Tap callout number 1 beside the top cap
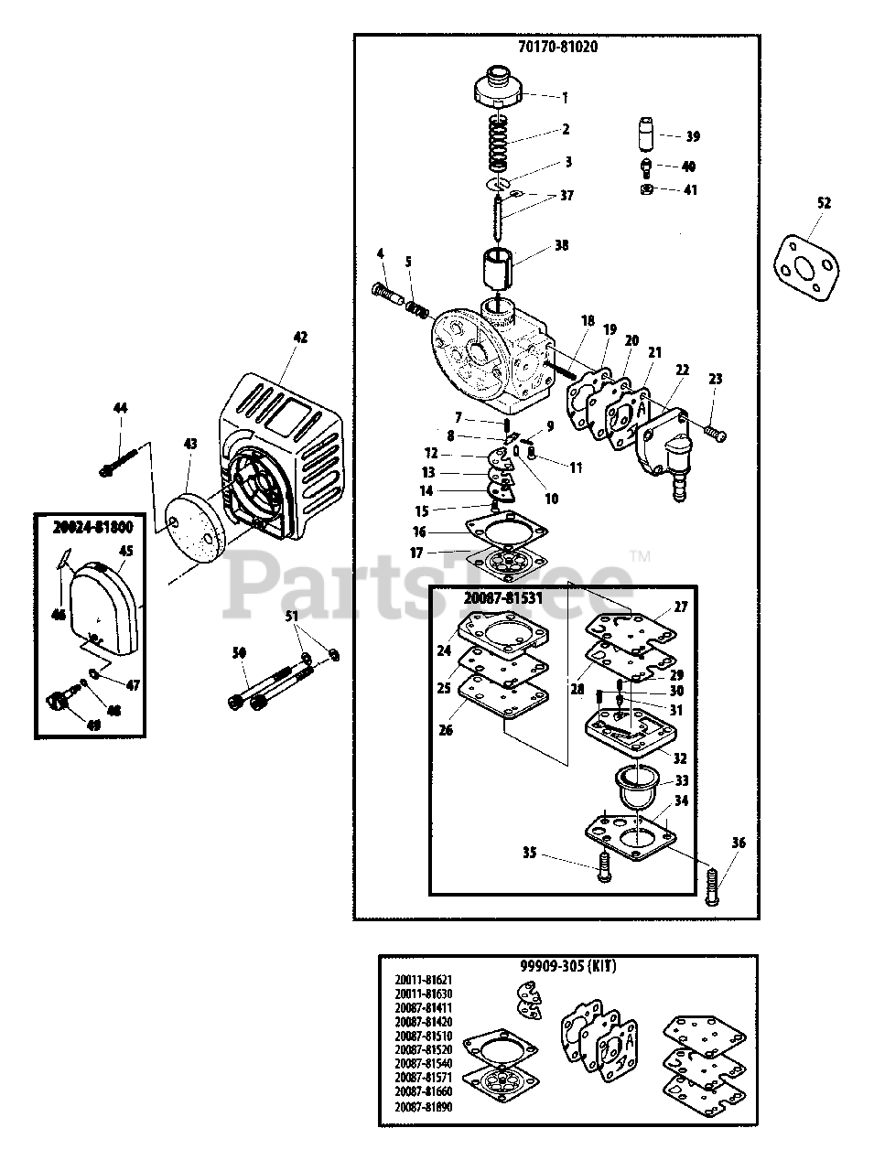tap(565, 96)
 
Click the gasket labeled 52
tap(806, 264)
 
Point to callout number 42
tap(298, 337)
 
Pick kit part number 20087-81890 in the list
tap(424, 1107)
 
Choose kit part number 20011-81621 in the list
tap(424, 980)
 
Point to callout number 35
tap(528, 853)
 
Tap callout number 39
tap(692, 136)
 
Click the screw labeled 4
tap(389, 293)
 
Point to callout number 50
tap(240, 652)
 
